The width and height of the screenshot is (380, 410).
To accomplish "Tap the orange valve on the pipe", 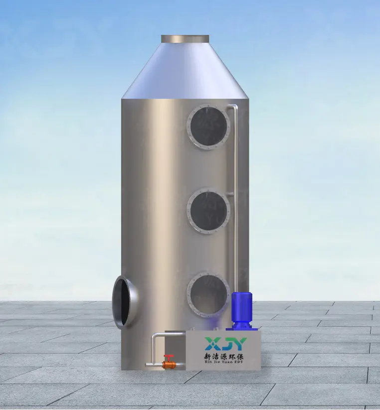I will click(x=169, y=364).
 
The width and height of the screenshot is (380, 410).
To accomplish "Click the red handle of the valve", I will click(x=170, y=357).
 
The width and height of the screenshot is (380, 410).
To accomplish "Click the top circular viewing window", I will click(x=208, y=127).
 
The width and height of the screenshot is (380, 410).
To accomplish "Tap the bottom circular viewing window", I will click(x=208, y=295).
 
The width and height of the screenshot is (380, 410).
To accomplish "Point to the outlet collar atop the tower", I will click(x=185, y=39).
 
